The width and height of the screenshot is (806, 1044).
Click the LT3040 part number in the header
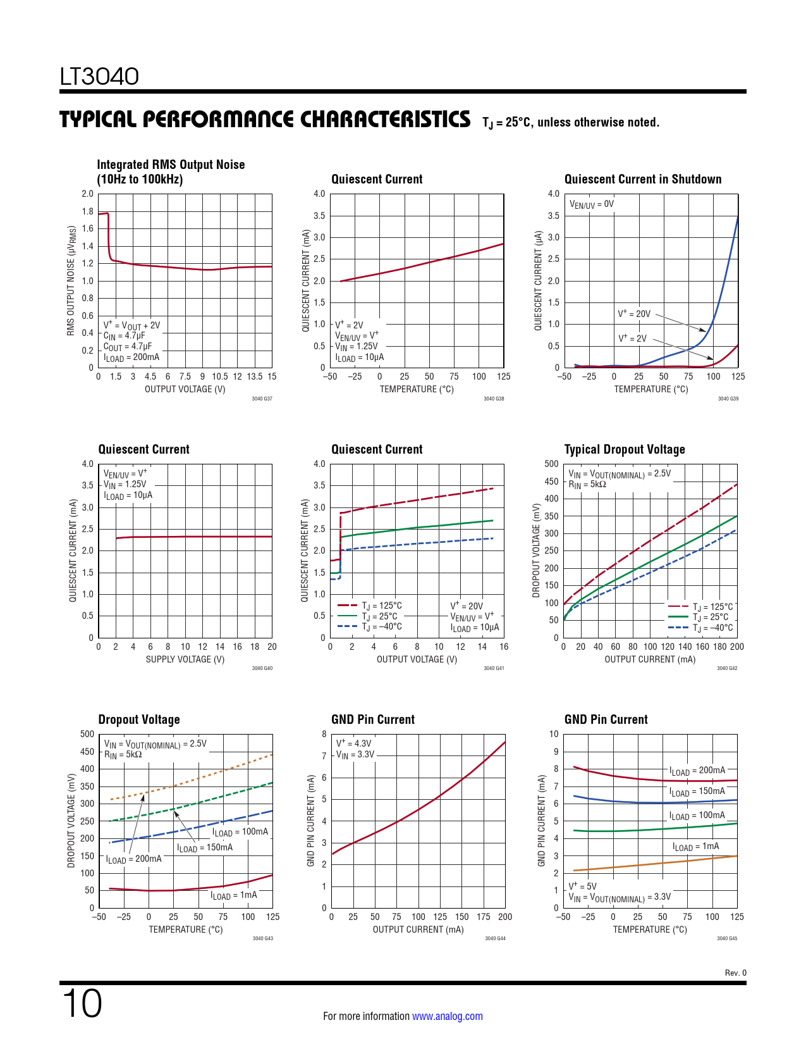99,77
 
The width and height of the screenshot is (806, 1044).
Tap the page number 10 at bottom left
82,1004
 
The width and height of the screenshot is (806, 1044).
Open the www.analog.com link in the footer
447,1016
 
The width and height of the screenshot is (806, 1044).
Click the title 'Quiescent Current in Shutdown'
642,179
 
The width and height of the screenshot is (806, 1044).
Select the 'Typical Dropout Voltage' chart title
624,449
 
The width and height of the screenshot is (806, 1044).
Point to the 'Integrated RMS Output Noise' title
171,165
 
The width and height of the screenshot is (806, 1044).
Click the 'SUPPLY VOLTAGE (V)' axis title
185,659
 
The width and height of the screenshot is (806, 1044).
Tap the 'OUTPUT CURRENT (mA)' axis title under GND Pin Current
418,929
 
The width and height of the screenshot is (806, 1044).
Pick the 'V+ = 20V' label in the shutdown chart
634,314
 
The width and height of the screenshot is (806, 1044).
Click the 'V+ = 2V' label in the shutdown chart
632,339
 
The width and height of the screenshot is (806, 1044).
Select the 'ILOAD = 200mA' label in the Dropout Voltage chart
134,859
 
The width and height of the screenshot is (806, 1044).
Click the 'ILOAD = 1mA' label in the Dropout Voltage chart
234,895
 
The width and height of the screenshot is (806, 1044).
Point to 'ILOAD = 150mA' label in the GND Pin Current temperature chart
697,792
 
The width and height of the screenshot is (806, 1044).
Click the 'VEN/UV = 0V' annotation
592,204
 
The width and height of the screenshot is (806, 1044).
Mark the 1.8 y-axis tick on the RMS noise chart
87,211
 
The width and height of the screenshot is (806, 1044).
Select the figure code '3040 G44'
495,938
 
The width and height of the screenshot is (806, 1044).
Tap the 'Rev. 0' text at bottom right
735,973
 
